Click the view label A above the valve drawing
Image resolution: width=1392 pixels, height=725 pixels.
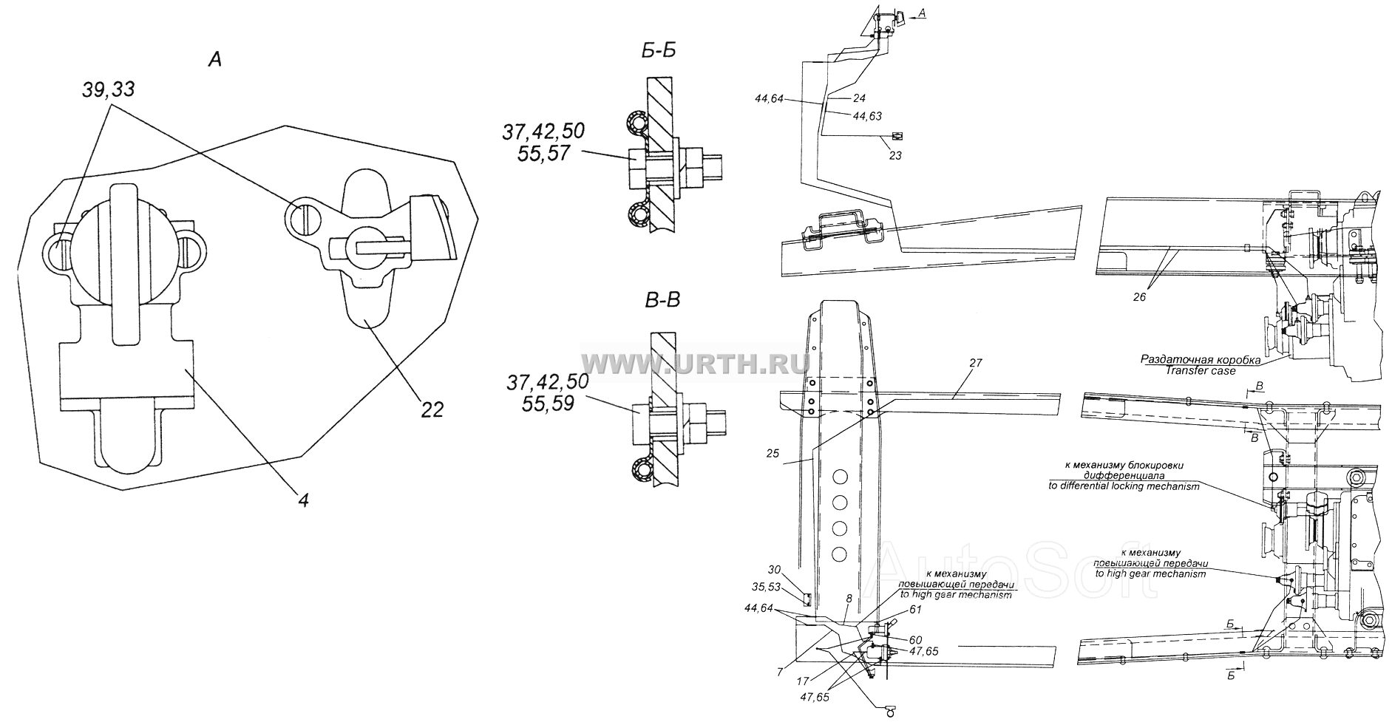(x=214, y=60)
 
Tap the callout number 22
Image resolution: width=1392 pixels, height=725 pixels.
(x=432, y=409)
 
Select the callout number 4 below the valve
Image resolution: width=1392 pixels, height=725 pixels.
(x=303, y=500)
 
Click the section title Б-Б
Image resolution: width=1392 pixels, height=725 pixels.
(x=658, y=50)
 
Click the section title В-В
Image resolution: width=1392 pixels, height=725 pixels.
(x=659, y=301)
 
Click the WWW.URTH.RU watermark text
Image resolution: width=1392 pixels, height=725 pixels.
(x=695, y=362)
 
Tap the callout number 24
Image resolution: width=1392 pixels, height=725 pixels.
(x=858, y=97)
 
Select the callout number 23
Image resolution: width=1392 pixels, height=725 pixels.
(x=895, y=156)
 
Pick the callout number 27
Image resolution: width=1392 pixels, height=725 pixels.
(x=976, y=363)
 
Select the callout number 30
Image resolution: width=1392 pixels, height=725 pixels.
(x=774, y=570)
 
